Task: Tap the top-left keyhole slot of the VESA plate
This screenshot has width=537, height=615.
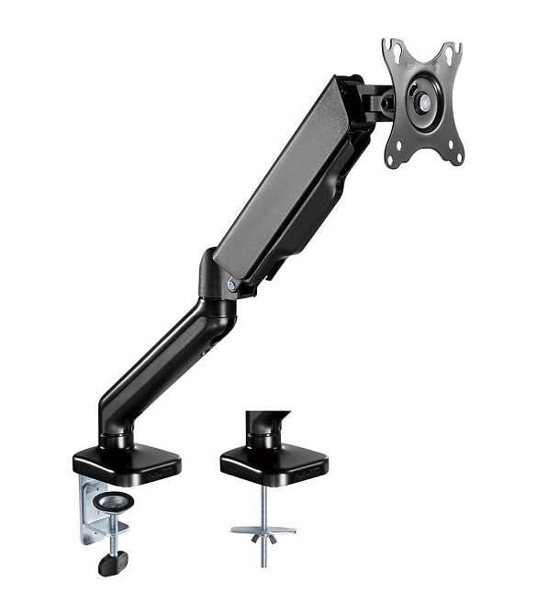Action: point(393,50)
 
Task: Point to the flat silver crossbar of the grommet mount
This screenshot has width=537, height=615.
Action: point(263,530)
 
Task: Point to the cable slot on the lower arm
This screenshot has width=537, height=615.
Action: point(214,339)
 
